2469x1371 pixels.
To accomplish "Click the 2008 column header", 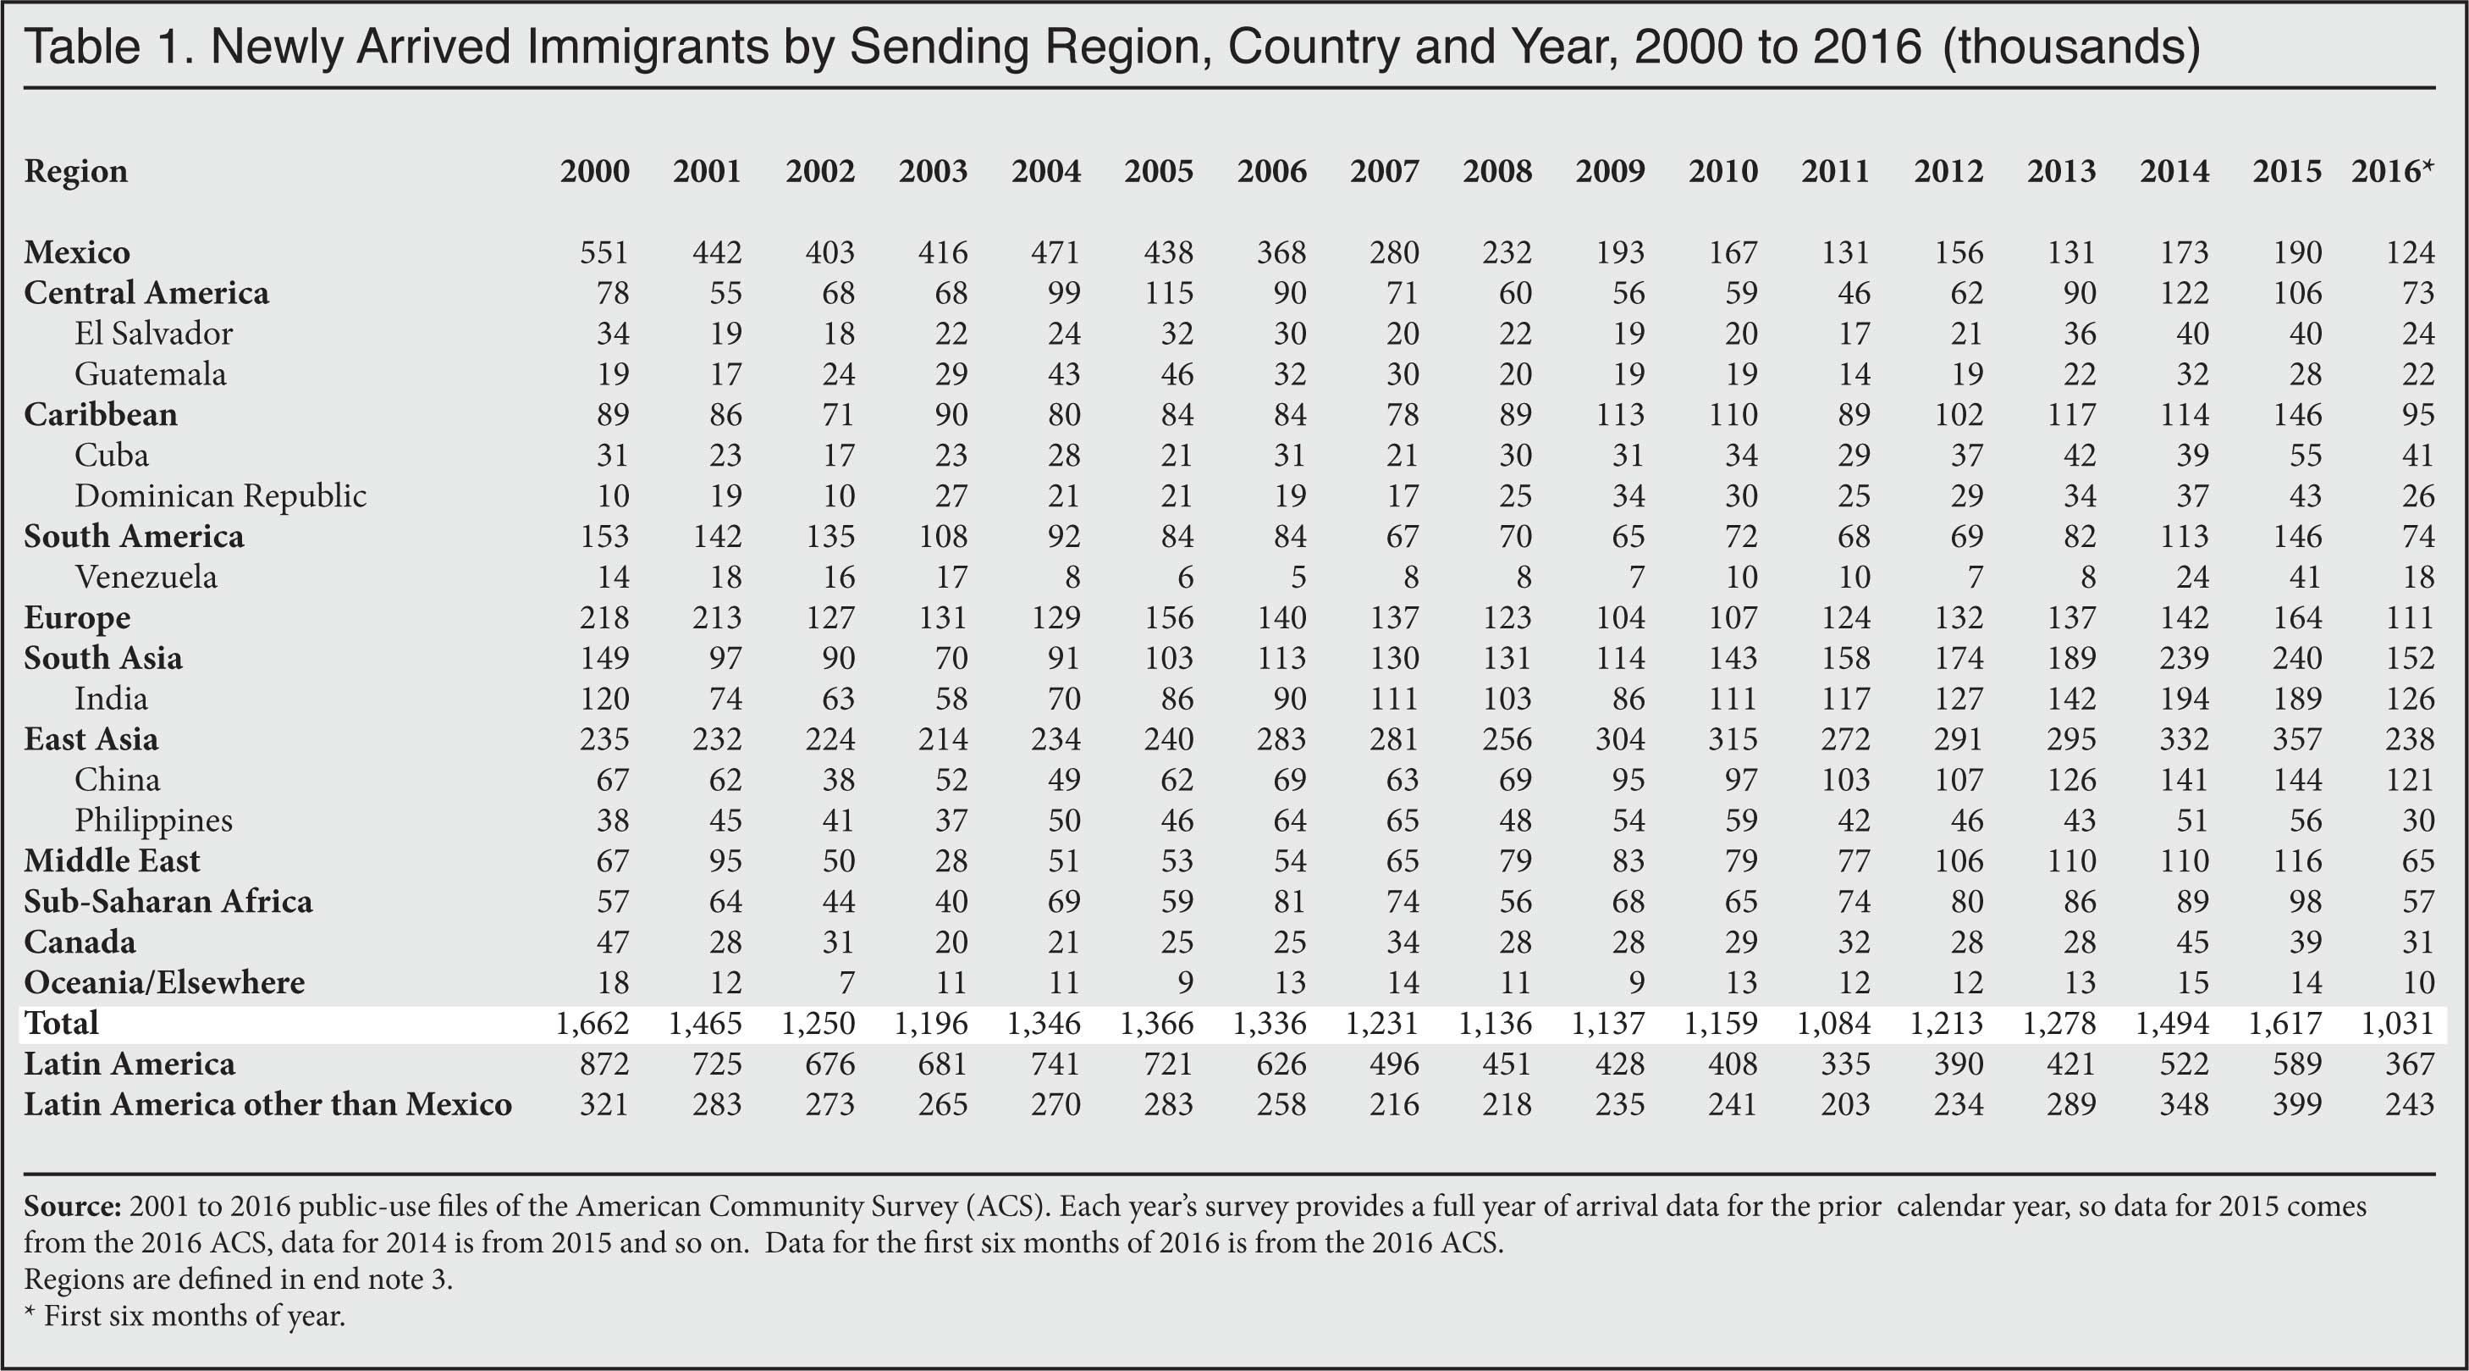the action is pyautogui.click(x=1497, y=171).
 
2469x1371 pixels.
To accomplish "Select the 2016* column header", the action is pyautogui.click(x=2392, y=171).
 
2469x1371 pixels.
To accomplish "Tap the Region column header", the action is pyautogui.click(x=75, y=173).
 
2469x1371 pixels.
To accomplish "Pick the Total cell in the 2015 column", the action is pyautogui.click(x=2286, y=1023).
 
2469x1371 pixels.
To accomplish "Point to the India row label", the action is pyautogui.click(x=111, y=698).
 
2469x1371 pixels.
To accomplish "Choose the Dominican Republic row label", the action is pyautogui.click(x=220, y=495).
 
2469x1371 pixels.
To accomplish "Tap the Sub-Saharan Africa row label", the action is pyautogui.click(x=168, y=901).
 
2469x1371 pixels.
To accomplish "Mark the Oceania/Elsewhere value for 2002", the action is pyautogui.click(x=846, y=982).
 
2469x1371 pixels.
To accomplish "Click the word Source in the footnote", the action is pyautogui.click(x=72, y=1205).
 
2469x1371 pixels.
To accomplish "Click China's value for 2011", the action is pyautogui.click(x=1845, y=779).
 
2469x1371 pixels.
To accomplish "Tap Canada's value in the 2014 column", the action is pyautogui.click(x=2192, y=943).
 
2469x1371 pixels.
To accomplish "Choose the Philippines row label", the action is pyautogui.click(x=153, y=821).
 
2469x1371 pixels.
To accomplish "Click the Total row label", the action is pyautogui.click(x=61, y=1023).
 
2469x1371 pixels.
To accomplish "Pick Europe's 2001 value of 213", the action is pyautogui.click(x=717, y=617).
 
